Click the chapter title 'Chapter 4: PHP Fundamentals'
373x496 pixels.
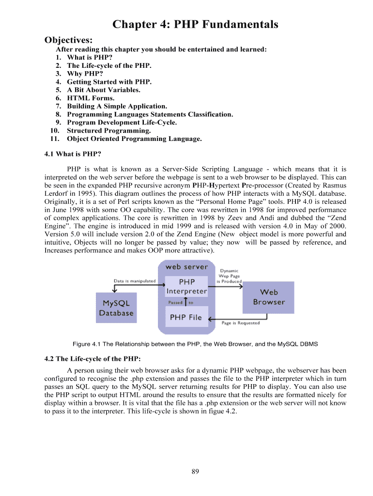(195, 24)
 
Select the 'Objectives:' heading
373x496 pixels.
(68, 39)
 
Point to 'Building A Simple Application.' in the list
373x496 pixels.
(117, 106)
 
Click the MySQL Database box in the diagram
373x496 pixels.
(116, 308)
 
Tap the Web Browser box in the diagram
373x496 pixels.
(269, 297)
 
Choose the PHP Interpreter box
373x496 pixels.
(186, 286)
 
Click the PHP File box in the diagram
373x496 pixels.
(186, 318)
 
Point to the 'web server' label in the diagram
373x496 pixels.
(186, 266)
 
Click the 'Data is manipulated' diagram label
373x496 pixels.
(135, 280)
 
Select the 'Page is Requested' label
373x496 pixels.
(241, 323)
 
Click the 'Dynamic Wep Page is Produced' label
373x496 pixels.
(229, 276)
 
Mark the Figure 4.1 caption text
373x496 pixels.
(195, 344)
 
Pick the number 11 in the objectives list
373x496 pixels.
(54, 139)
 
